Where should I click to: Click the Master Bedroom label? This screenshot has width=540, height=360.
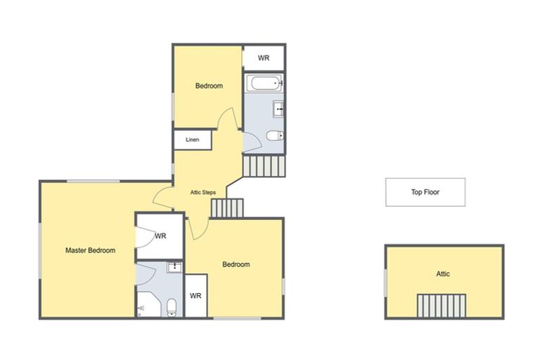[90, 250]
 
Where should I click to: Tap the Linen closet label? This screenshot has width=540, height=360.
[193, 140]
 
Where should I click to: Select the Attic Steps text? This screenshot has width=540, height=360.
[203, 192]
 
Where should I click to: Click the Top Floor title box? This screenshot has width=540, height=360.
[425, 192]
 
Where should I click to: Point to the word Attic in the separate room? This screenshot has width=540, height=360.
[443, 274]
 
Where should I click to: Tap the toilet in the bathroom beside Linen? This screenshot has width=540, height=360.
[275, 136]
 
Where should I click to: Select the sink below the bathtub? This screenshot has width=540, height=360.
[278, 109]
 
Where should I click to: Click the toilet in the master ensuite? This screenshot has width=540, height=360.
[172, 307]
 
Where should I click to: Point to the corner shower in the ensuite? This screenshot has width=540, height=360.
[143, 308]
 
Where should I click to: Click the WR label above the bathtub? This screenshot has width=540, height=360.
[264, 58]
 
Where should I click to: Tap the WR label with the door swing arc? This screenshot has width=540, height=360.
[160, 236]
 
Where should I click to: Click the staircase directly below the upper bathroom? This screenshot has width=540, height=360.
[265, 166]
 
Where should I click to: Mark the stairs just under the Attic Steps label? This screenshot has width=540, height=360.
[226, 208]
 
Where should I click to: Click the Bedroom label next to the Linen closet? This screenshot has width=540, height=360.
[209, 86]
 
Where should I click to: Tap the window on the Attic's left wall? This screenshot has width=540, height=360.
[385, 282]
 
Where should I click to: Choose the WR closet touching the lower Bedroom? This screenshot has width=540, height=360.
[195, 296]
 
